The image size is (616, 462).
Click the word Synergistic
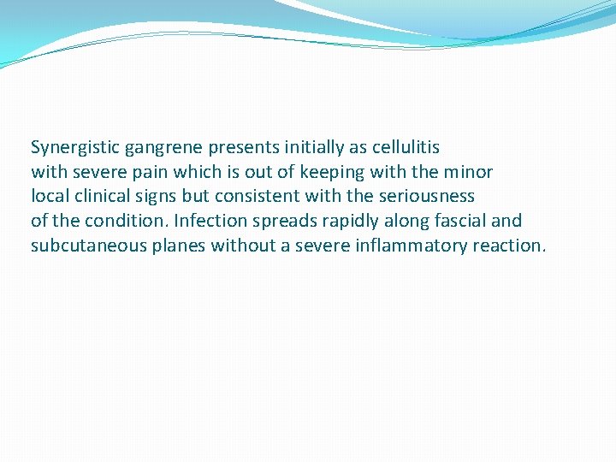75,148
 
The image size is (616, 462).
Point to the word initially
306,148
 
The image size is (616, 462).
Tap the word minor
467,172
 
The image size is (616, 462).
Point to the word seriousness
426,197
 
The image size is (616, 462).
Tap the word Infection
208,222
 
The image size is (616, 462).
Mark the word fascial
455,222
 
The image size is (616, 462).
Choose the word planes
178,246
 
